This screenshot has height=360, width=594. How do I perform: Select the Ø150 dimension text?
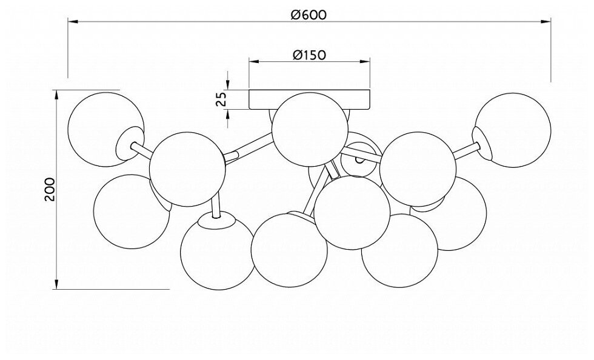pyautogui.click(x=309, y=55)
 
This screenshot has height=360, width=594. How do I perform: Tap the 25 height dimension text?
pyautogui.click(x=221, y=99)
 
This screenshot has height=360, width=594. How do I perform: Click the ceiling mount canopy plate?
pyautogui.click(x=310, y=99)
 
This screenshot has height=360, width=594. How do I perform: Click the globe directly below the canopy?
pyautogui.click(x=309, y=130)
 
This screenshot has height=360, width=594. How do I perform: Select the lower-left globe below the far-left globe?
pyautogui.click(x=130, y=211)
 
